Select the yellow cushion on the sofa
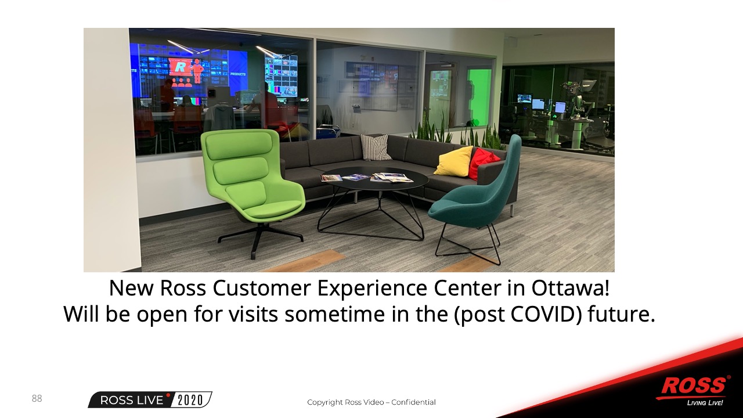pos(453,161)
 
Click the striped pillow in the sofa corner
pos(376,147)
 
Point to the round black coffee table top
pos(375,179)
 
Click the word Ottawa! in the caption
pos(571,288)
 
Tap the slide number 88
pos(37,398)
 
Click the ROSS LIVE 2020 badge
pos(150,400)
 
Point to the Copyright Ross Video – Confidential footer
pos(371,402)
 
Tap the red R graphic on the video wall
pos(179,67)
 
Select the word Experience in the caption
pos(372,289)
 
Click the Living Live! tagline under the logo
pos(705,403)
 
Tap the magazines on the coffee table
pos(366,178)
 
